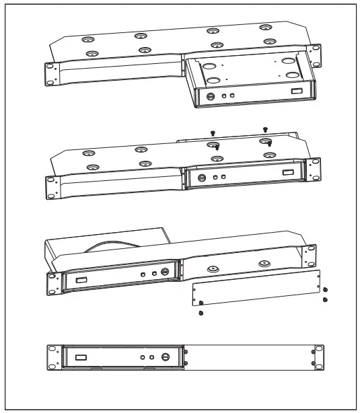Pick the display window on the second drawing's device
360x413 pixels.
point(289,174)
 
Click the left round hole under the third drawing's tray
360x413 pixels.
point(213,268)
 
